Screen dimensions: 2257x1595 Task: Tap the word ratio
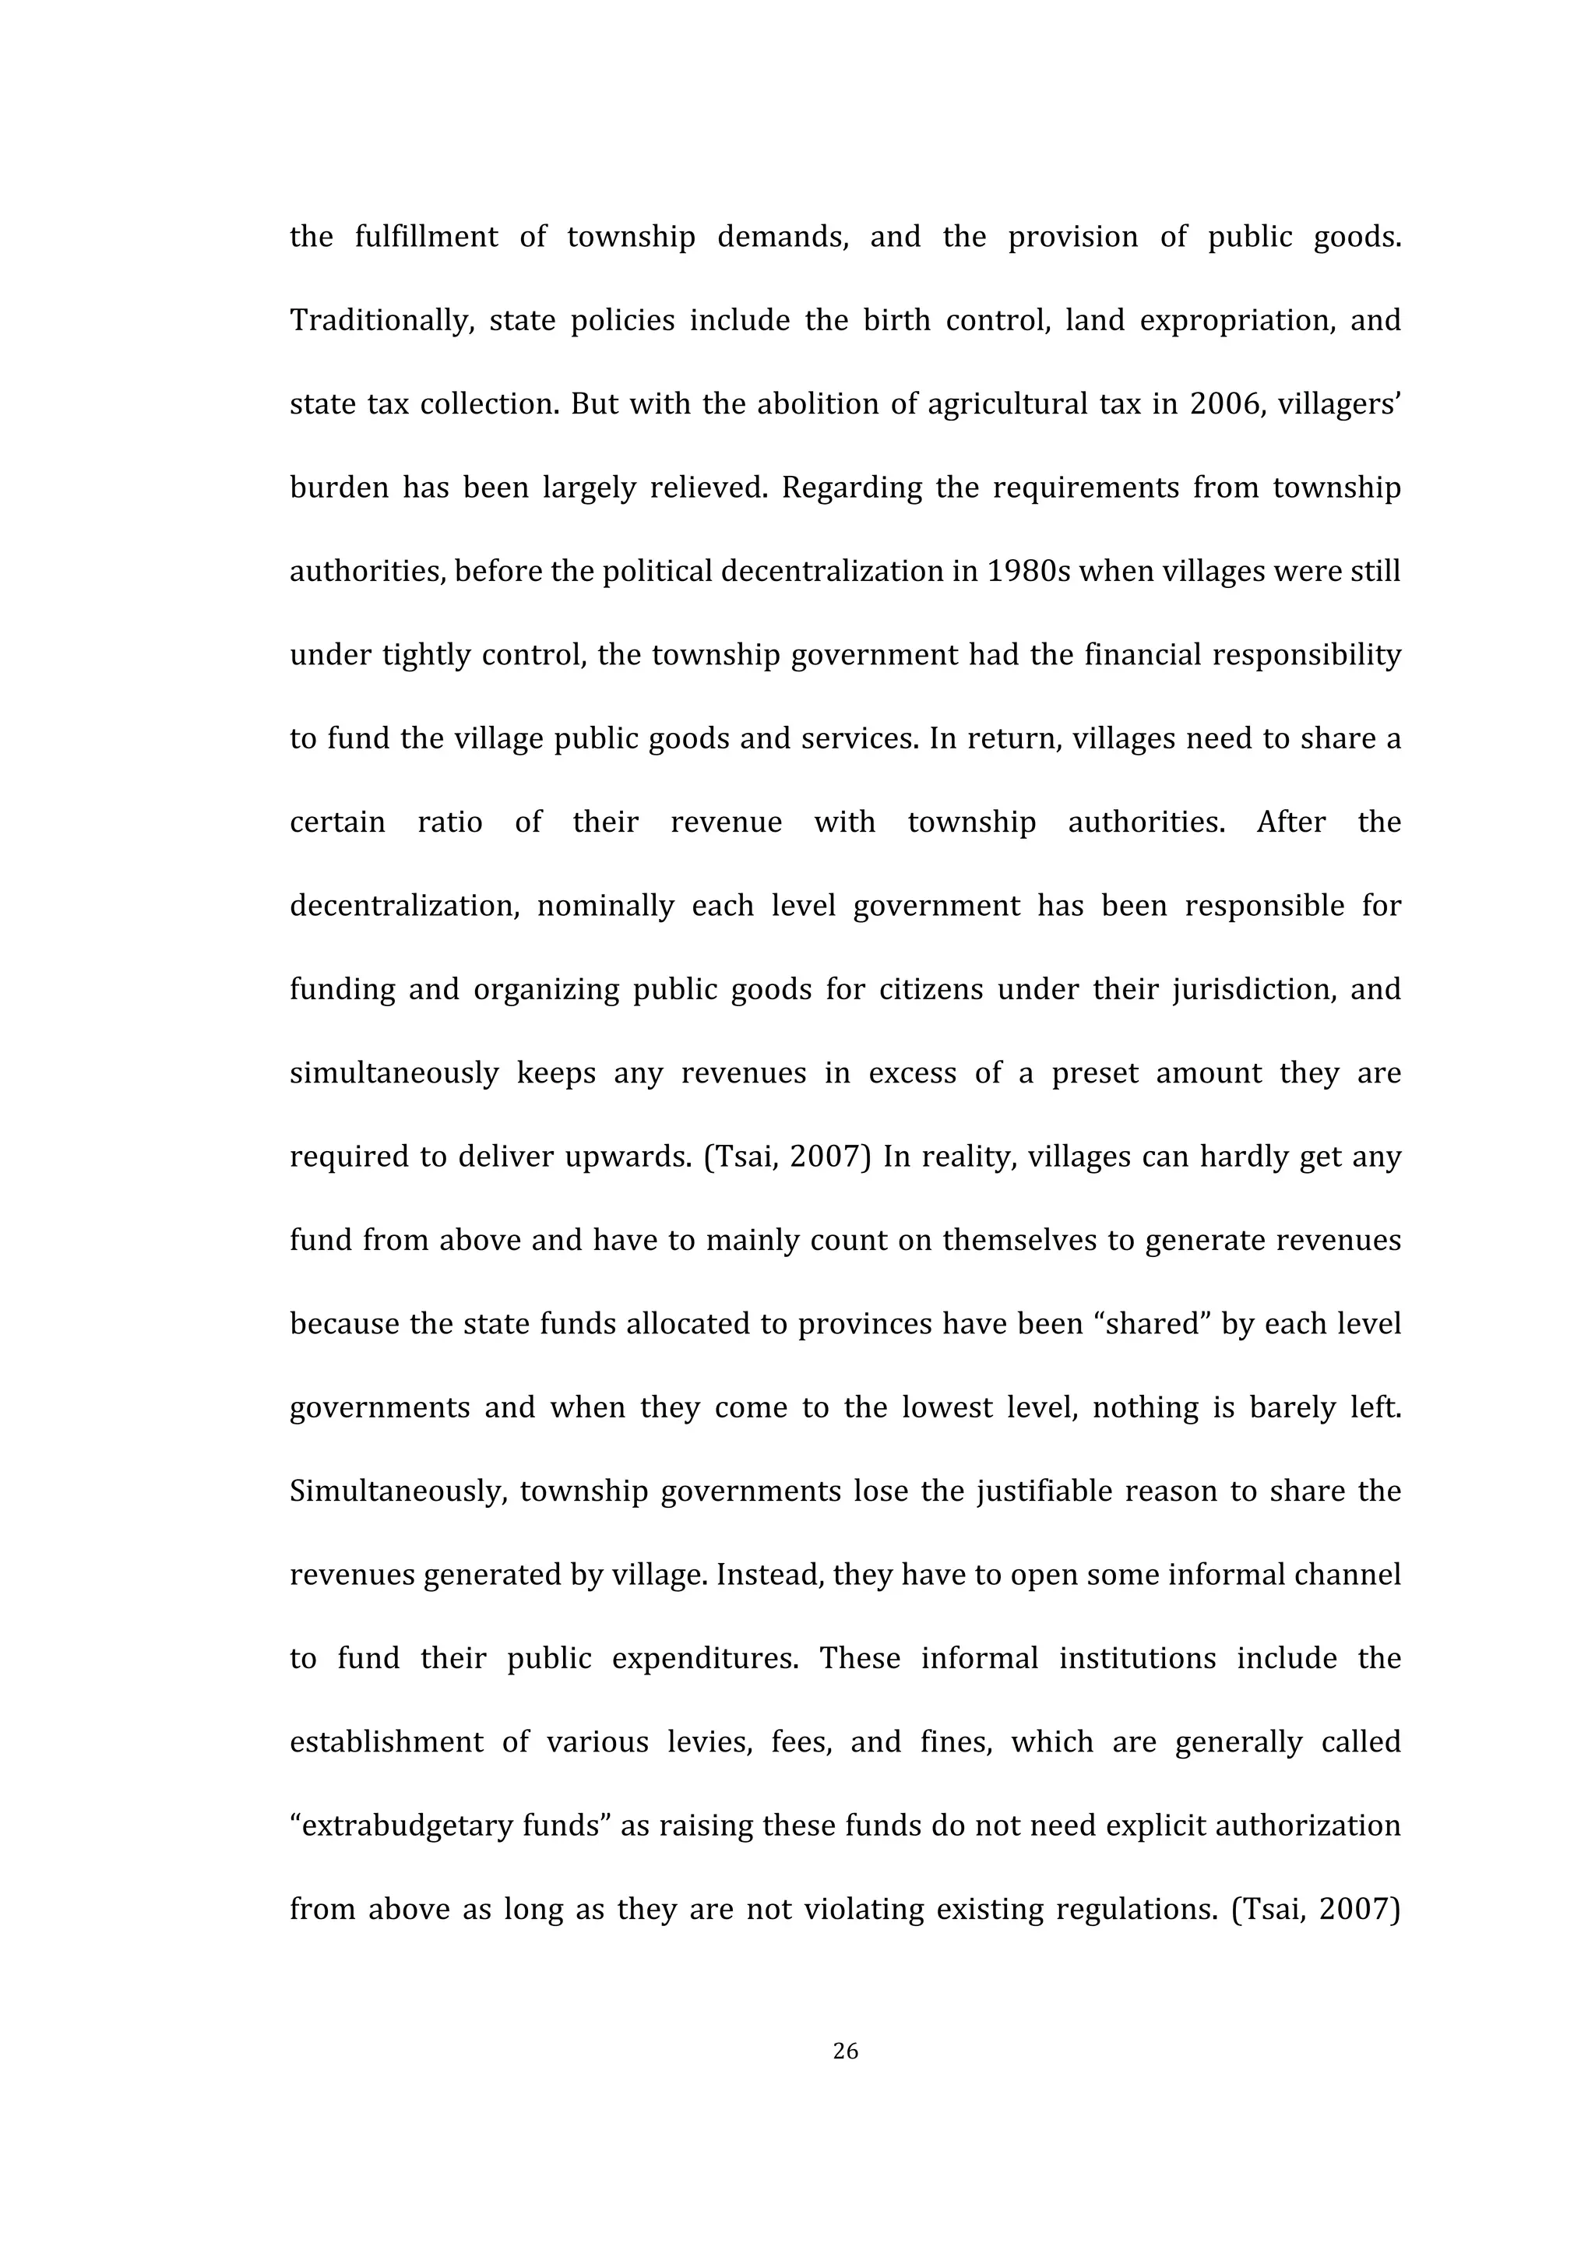(x=450, y=822)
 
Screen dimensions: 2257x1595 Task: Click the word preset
(x=1095, y=1072)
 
